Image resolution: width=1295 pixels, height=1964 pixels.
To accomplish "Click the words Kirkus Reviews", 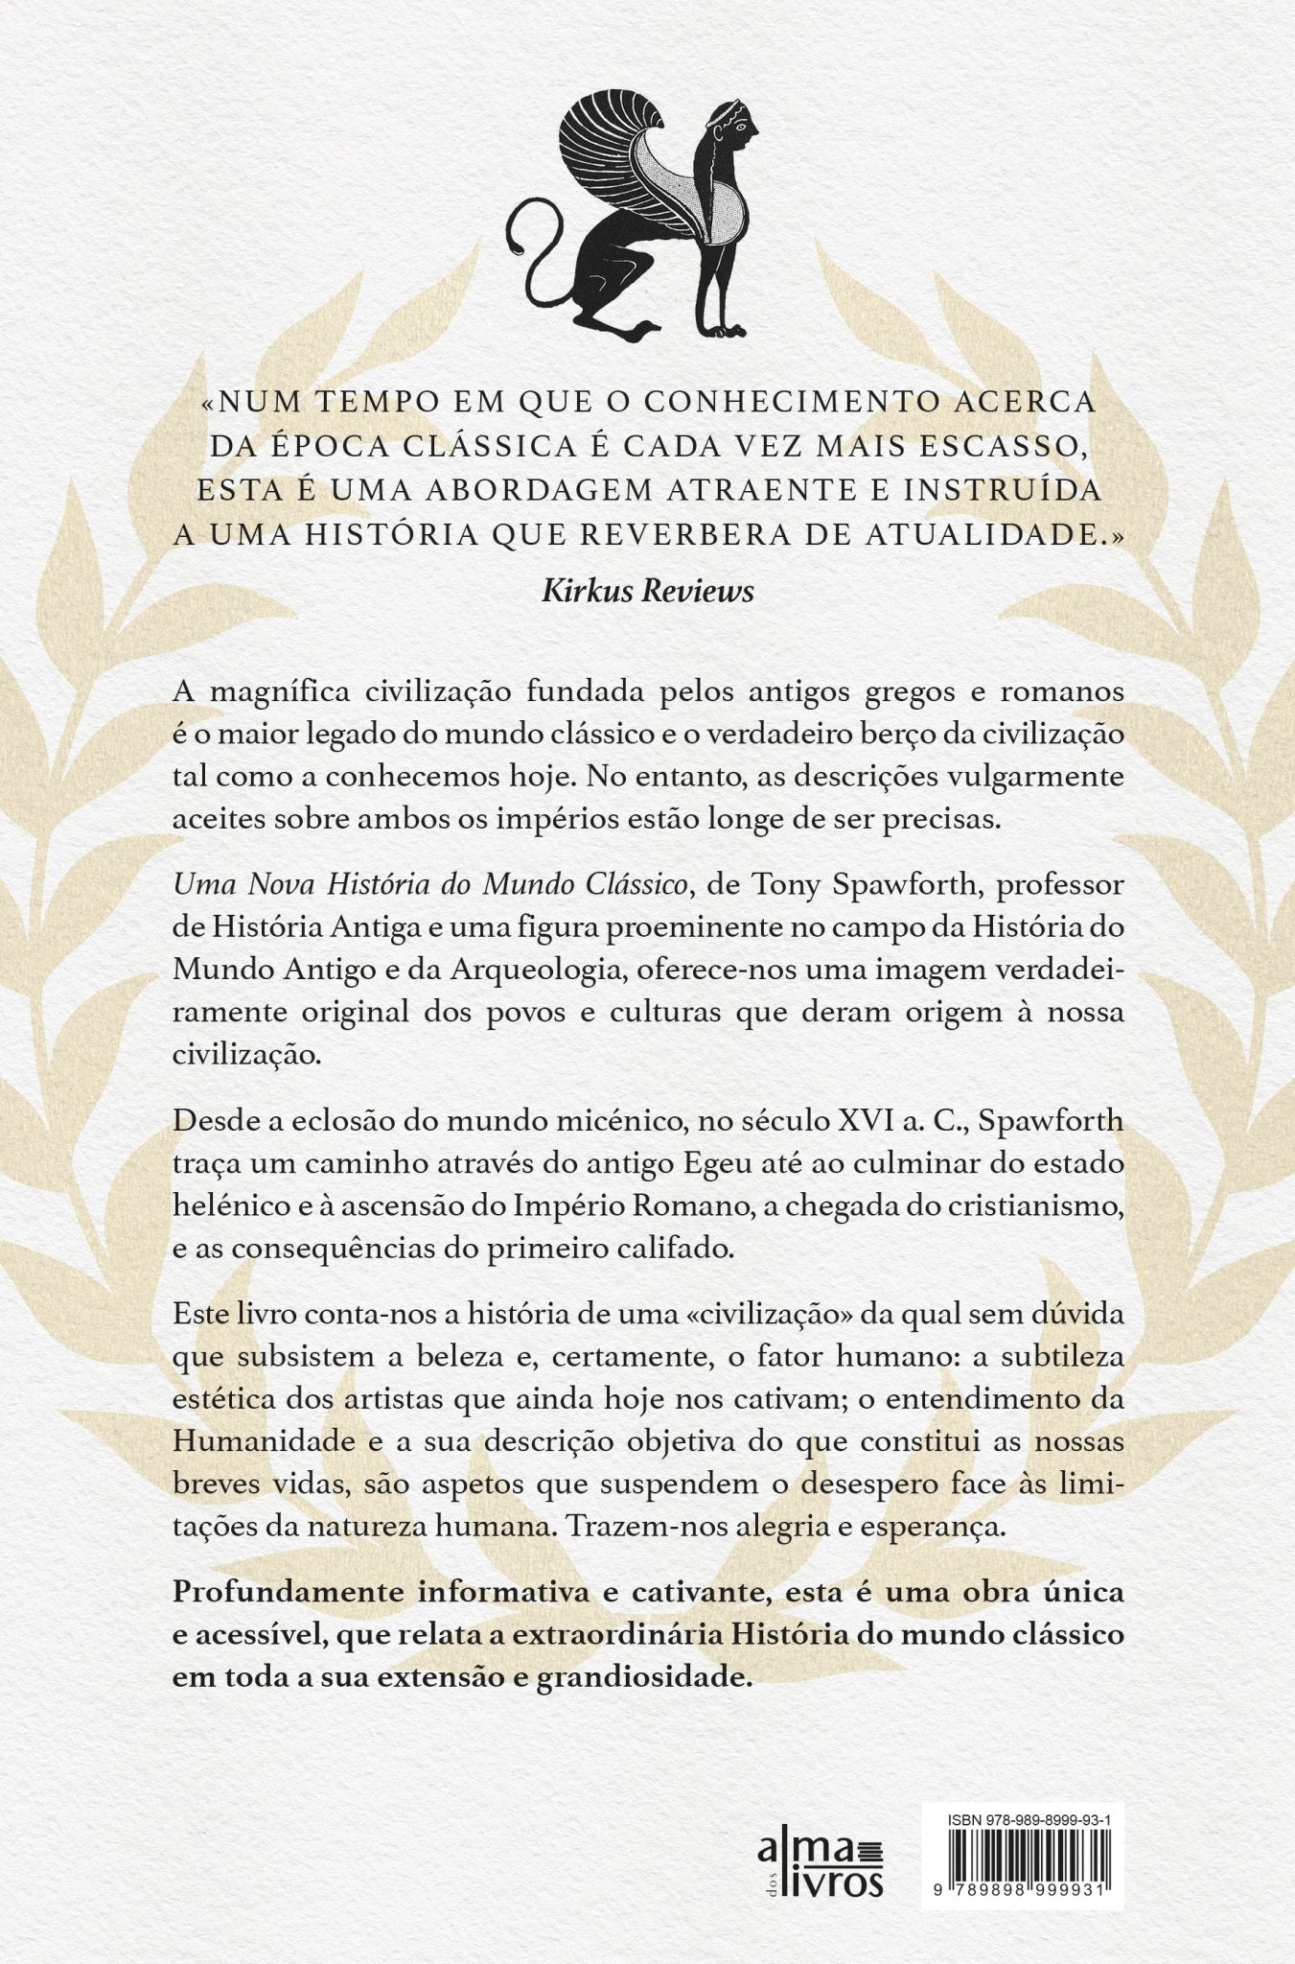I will [x=648, y=592].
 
